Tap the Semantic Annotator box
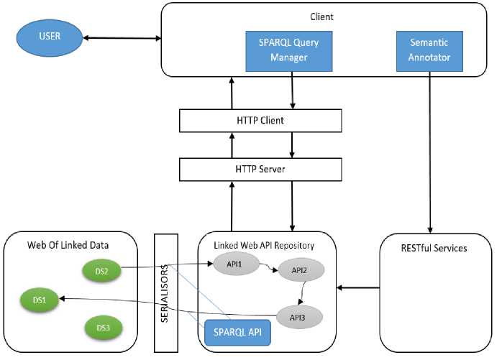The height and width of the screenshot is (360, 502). click(429, 50)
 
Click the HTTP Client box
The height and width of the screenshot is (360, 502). click(260, 120)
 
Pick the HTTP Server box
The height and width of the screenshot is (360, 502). click(260, 169)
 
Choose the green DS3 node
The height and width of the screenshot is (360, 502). click(103, 328)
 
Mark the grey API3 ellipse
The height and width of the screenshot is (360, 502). click(298, 315)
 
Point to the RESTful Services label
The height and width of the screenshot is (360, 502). click(435, 249)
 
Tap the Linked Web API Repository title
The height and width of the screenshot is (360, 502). click(264, 245)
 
